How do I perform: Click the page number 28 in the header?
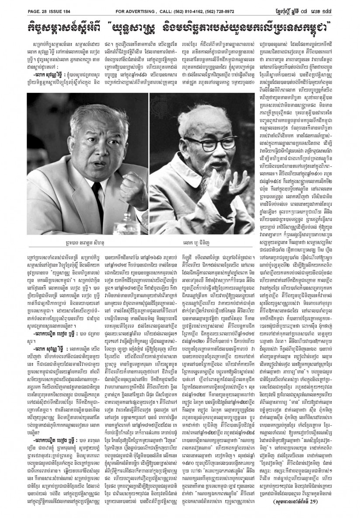(35, 5)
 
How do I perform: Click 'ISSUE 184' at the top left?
(50, 5)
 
